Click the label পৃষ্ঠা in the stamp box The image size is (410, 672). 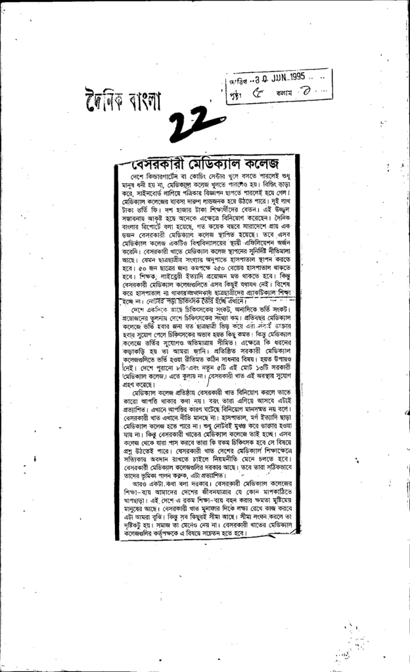[235, 94]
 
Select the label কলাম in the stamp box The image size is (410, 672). [286, 94]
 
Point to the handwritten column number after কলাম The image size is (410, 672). [308, 93]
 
